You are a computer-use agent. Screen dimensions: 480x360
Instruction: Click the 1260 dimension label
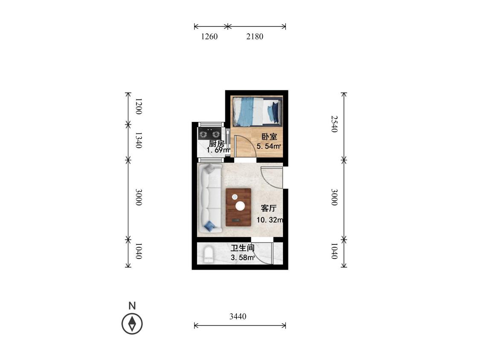pos(209,36)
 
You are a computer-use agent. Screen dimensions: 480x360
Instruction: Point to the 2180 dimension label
pos(255,36)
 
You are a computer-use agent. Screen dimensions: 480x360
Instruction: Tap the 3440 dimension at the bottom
pos(238,316)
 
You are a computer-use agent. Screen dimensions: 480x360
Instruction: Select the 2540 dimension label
pos(334,124)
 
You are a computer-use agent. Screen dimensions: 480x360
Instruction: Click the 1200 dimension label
pos(138,107)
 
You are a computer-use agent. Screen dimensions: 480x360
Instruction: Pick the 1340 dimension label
pos(138,140)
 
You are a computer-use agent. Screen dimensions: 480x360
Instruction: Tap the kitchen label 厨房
pos(217,143)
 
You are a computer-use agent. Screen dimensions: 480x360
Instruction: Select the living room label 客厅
pos(268,209)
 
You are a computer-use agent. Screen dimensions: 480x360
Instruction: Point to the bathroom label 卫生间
pos(243,248)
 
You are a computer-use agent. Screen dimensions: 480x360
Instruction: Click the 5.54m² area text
pos(269,146)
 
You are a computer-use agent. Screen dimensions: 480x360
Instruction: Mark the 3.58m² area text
pos(243,258)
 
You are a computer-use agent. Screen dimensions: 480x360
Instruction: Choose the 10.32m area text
pos(270,220)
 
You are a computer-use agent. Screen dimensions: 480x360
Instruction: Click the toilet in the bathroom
pos(209,254)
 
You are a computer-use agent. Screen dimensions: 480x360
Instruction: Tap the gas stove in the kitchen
pos(209,134)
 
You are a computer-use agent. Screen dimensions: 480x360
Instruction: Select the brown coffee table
pos(239,207)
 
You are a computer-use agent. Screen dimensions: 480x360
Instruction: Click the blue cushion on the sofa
pos(210,226)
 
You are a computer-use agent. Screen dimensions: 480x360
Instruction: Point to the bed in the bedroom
pos(256,111)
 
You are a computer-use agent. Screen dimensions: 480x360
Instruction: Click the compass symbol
pos(132,324)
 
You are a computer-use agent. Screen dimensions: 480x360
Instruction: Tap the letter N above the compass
pos(132,305)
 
